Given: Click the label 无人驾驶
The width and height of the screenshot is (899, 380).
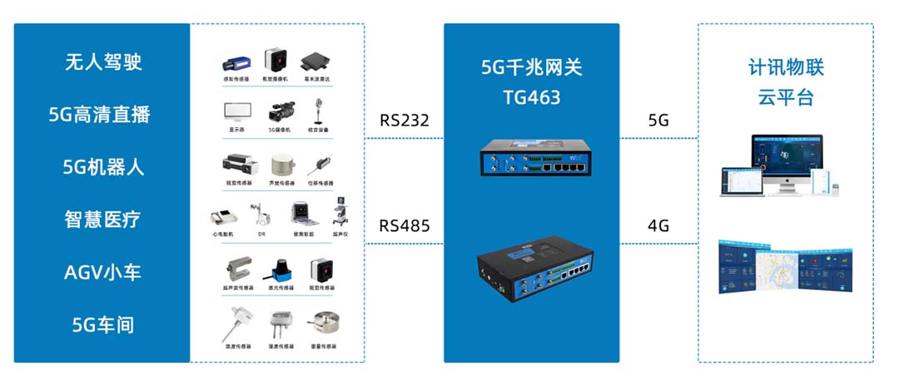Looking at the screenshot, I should [103, 62].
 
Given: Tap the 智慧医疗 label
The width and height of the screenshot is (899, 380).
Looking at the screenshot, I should [103, 220].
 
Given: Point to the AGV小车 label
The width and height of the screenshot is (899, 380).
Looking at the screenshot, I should [103, 272].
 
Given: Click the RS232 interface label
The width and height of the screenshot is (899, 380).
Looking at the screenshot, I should [405, 121].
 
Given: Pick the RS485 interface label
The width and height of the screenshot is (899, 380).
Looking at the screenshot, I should [405, 225].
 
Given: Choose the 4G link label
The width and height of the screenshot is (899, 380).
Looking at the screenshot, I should [658, 225].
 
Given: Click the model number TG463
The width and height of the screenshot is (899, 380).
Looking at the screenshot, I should [531, 98].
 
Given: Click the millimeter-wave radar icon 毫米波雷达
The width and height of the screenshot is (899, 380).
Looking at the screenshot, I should [315, 61].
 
